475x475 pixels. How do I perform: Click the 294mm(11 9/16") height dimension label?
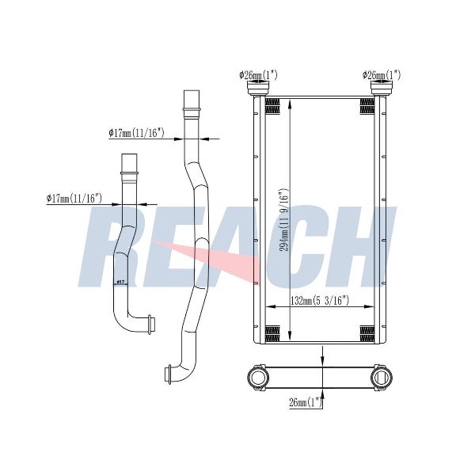click(x=284, y=220)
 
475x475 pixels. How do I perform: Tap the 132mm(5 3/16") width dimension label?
click(x=320, y=301)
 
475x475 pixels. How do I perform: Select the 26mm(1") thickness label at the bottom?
click(x=306, y=403)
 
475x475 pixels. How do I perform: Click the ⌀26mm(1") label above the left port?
click(x=258, y=75)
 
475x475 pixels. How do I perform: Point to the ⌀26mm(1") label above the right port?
click(x=382, y=75)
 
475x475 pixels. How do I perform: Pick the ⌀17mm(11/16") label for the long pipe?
click(x=136, y=133)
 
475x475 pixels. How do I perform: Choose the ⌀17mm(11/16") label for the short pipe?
click(x=74, y=199)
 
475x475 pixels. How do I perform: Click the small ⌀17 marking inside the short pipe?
click(x=121, y=283)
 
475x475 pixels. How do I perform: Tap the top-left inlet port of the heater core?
click(x=258, y=88)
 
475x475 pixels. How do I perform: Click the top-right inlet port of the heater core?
click(x=382, y=88)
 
